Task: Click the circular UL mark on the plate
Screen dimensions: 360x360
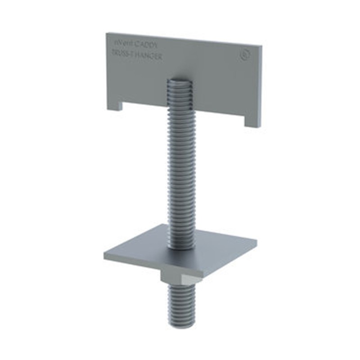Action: [x=245, y=57]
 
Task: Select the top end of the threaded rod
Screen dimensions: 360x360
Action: [x=180, y=80]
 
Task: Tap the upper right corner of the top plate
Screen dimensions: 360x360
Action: [x=261, y=45]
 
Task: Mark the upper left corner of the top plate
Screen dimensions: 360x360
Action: [x=107, y=33]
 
